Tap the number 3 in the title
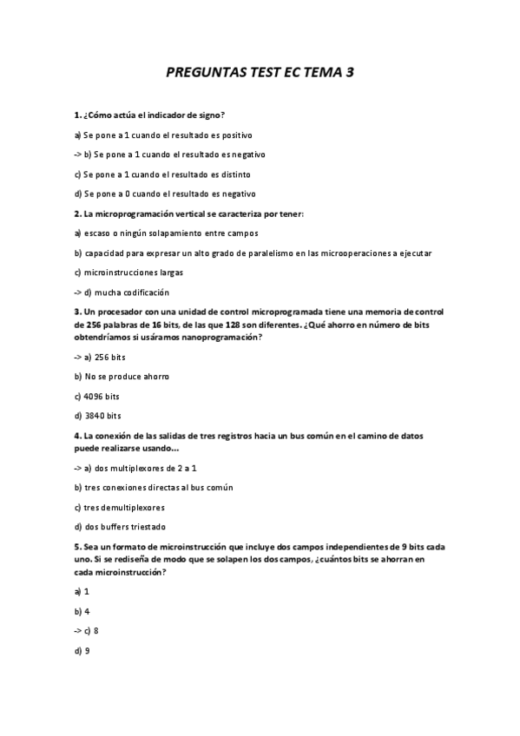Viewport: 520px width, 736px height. tap(350, 75)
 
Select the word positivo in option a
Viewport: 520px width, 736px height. tap(235, 135)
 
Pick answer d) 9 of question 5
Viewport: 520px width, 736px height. tap(82, 649)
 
